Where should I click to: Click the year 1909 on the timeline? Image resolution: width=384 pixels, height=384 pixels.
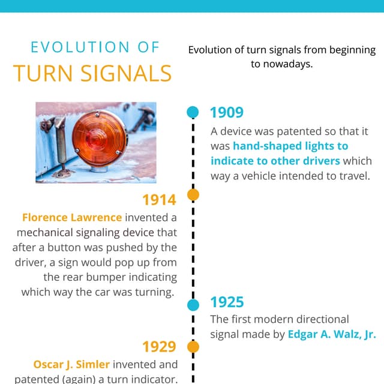226,112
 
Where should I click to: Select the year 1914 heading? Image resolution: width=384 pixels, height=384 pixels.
159,200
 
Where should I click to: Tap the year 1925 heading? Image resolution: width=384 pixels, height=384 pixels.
227,302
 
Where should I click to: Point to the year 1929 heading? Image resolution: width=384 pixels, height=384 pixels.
159,347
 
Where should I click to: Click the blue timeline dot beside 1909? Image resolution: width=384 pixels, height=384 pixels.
193,112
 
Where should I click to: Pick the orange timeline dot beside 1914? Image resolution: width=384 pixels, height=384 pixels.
193,194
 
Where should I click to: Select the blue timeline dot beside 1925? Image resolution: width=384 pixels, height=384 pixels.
193,305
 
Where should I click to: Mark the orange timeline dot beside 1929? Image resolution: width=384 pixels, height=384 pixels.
193,347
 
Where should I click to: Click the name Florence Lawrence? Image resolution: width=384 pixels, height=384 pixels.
71,217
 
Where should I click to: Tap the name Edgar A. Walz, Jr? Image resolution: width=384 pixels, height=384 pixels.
332,335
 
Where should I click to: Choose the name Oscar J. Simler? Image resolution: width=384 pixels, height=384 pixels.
71,364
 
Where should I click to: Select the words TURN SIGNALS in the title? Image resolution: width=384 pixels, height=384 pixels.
92,73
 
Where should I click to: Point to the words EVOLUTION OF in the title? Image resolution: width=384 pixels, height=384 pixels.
95,47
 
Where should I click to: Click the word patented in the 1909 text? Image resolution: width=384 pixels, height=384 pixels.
283,131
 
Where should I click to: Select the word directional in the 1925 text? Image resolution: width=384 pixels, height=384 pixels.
318,319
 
